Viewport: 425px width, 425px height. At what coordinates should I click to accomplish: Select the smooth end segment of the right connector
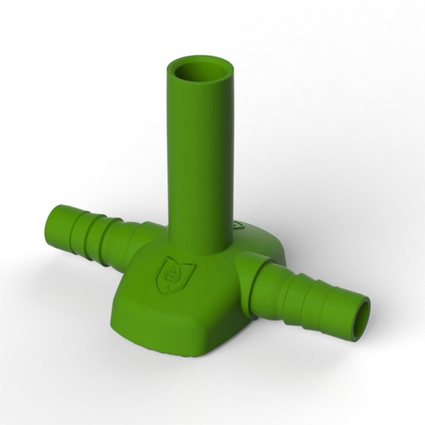click(349, 310)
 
